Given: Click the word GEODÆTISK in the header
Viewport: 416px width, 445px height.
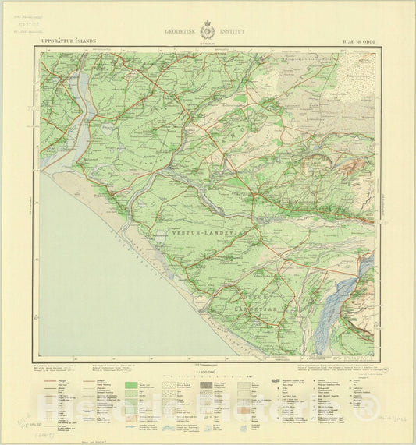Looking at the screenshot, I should coord(182,33).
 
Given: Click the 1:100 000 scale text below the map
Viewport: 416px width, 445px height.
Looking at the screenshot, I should coord(208,372).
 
